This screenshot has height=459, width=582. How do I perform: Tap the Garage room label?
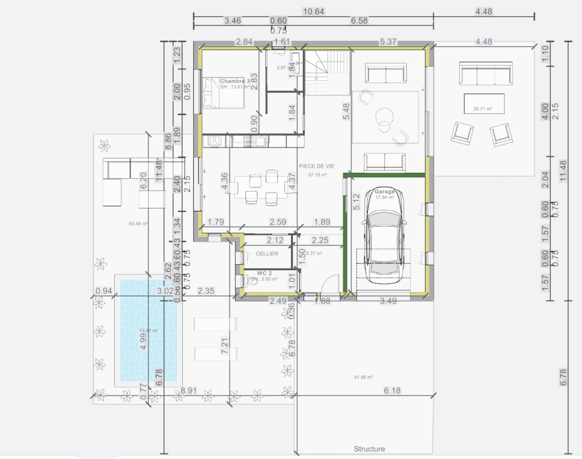[384, 192]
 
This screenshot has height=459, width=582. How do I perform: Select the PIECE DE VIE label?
[316, 166]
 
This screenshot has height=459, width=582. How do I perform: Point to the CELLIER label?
[267, 254]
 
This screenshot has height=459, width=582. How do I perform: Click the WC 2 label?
[264, 273]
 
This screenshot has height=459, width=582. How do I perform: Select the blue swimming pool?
[148, 330]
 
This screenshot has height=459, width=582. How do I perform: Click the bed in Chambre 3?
[224, 93]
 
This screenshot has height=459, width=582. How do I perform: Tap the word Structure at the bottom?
[369, 449]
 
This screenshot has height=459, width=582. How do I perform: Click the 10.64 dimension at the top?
[313, 11]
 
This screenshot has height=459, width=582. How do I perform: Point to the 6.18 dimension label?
[392, 390]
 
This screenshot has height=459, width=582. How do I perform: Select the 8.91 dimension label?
[189, 390]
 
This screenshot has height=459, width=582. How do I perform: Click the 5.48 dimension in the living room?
[346, 111]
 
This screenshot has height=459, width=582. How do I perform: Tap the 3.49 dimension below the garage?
[388, 301]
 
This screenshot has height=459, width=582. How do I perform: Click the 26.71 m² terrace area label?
[483, 109]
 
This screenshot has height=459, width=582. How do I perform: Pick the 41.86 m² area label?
[364, 377]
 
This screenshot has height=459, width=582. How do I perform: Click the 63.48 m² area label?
[138, 224]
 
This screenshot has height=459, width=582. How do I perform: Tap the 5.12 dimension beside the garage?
[356, 202]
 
